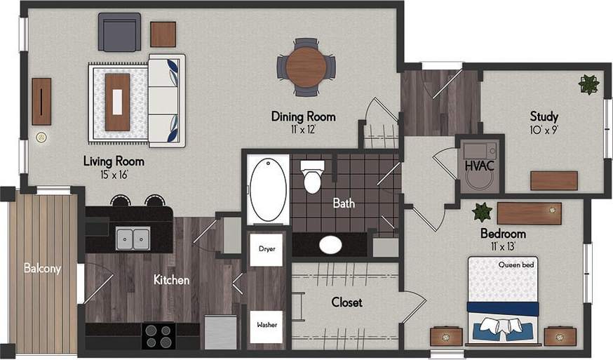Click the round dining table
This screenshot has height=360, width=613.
coord(306,67)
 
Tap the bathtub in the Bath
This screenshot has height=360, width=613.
coord(268,189)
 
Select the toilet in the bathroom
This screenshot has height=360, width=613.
coord(312,177)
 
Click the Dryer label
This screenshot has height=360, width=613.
coord(266,248)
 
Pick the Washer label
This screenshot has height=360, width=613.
coord(266,325)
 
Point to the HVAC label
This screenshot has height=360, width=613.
coord(479,166)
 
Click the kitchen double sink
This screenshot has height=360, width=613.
coord(133,238)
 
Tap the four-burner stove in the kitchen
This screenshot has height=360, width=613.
coord(159,335)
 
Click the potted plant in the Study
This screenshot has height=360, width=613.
coord(588,85)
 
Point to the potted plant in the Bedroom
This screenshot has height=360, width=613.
coord(482,212)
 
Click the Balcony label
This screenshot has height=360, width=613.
coord(41,268)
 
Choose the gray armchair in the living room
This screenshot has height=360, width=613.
coord(119,32)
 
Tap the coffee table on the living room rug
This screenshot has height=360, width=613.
coord(117,102)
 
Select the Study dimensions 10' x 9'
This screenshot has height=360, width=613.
coord(544,130)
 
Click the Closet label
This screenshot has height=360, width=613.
coord(346,302)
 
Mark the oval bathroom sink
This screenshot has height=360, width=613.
coord(330,245)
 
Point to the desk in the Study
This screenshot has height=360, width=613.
coord(553,180)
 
